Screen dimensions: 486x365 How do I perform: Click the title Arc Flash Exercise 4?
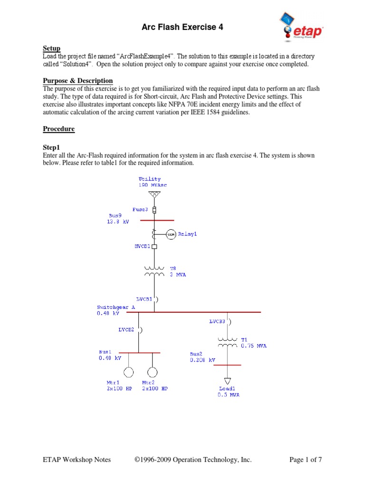click(x=182, y=28)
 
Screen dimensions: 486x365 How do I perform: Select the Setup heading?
click(x=51, y=48)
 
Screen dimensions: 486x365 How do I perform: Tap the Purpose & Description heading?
click(x=78, y=81)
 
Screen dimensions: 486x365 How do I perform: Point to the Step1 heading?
click(x=52, y=148)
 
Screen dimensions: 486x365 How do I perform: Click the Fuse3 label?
click(x=140, y=209)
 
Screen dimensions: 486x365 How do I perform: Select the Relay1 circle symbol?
click(x=171, y=234)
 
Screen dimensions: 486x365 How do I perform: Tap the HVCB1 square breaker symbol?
click(x=154, y=246)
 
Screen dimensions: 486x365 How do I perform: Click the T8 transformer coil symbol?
click(x=154, y=271)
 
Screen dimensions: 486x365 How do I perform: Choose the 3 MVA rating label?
click(x=178, y=275)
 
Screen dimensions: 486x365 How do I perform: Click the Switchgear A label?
click(x=116, y=308)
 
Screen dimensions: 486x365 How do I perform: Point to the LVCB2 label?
click(x=126, y=328)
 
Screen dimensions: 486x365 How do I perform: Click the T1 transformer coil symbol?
click(x=228, y=342)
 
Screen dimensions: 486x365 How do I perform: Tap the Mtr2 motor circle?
click(x=152, y=372)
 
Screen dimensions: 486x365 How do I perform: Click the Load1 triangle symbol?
click(x=228, y=381)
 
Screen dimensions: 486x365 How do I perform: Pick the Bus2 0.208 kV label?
click(x=202, y=357)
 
